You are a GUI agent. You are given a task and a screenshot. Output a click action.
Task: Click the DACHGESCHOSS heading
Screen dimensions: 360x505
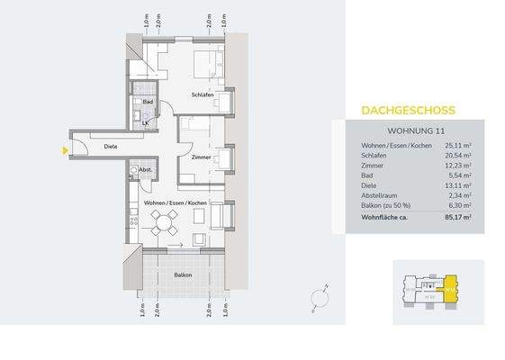point(408,111)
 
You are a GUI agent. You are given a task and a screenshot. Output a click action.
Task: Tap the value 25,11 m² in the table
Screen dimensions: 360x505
point(458,147)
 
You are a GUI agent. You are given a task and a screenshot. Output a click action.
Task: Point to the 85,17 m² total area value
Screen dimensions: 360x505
point(457,216)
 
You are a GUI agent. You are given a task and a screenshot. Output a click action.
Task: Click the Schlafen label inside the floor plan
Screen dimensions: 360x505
point(202,94)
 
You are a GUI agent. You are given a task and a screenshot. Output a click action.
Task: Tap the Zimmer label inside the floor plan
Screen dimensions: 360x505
point(201,157)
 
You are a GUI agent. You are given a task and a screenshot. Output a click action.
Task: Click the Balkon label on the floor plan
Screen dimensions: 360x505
point(183,274)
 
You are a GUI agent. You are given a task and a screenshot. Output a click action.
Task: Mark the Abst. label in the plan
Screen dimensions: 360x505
point(145,170)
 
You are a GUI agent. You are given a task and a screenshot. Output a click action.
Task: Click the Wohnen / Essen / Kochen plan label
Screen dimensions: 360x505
point(176,203)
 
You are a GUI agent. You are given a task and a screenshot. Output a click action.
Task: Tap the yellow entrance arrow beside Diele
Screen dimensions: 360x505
point(65,150)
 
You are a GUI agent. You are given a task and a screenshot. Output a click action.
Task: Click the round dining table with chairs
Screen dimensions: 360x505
point(164,224)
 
